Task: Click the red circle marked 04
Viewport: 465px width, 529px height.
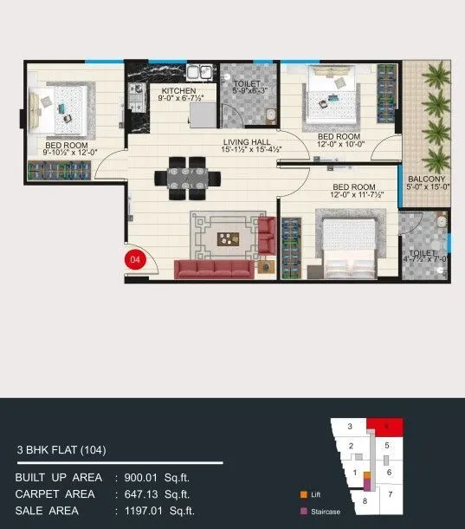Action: point(134,258)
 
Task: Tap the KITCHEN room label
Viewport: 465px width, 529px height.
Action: point(178,91)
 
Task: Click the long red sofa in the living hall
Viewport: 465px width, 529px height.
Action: point(214,269)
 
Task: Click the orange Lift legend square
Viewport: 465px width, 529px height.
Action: point(303,494)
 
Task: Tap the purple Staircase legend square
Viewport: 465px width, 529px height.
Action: point(303,512)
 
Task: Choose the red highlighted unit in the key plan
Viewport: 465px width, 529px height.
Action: point(384,426)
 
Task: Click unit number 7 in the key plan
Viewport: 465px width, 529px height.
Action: point(390,494)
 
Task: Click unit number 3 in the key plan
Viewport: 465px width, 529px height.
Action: point(349,427)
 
